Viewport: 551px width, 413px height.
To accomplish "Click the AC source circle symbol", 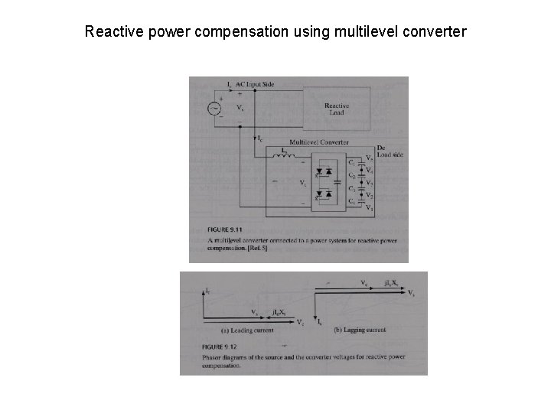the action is pyautogui.click(x=214, y=108).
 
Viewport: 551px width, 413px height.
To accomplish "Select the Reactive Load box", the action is pyautogui.click(x=337, y=109).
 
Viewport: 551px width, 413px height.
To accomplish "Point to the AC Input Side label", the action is pyautogui.click(x=255, y=83).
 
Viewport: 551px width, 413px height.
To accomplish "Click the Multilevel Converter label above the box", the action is pyautogui.click(x=319, y=142).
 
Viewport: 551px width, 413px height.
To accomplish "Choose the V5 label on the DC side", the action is pyautogui.click(x=369, y=158).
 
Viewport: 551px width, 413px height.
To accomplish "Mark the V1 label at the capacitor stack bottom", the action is pyautogui.click(x=369, y=206).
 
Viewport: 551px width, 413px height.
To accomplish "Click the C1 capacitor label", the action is pyautogui.click(x=351, y=163).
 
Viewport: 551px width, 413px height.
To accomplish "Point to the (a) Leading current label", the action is pyautogui.click(x=242, y=330).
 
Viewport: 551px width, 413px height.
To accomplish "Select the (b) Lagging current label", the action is pyautogui.click(x=360, y=330).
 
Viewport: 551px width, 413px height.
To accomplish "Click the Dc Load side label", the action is pyautogui.click(x=390, y=151).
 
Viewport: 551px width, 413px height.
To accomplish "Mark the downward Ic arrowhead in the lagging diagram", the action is pyautogui.click(x=315, y=320).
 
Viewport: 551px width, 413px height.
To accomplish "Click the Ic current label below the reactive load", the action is pyautogui.click(x=259, y=138).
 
